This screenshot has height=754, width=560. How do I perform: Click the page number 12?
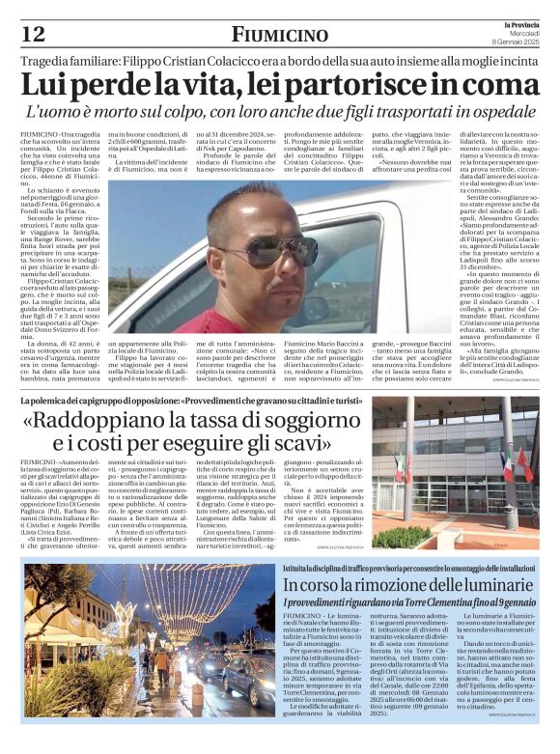(32, 34)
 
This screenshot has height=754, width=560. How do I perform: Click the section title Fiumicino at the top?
(279, 35)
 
